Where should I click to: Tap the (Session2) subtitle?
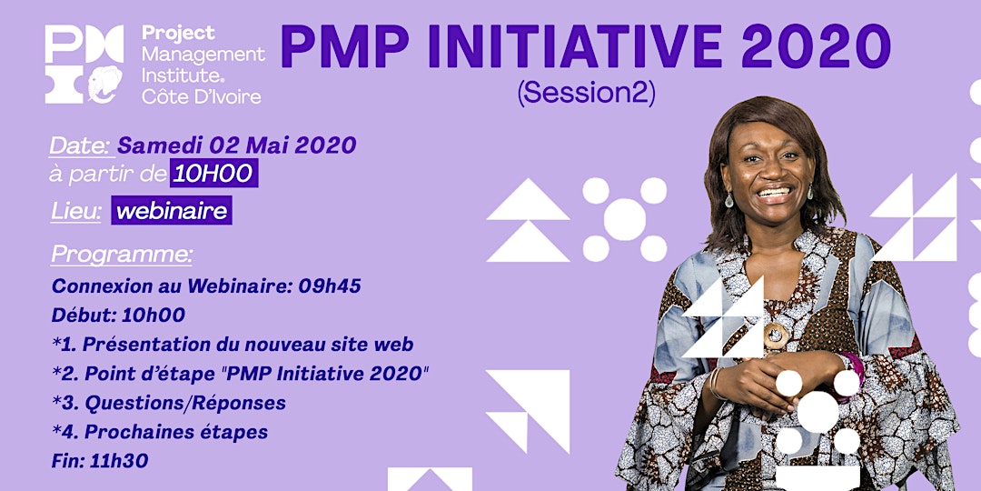pyautogui.click(x=586, y=94)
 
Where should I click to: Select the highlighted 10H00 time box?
pyautogui.click(x=214, y=173)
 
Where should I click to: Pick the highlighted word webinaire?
pyautogui.click(x=172, y=210)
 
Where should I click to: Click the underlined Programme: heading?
pyautogui.click(x=122, y=255)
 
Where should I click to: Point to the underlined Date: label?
pyautogui.click(x=81, y=145)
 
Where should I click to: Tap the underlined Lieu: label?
pyautogui.click(x=75, y=212)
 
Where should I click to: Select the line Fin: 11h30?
pyautogui.click(x=100, y=461)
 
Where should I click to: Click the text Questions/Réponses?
pyautogui.click(x=185, y=403)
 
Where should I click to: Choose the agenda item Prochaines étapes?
pyautogui.click(x=176, y=432)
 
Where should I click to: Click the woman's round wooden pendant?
pyautogui.click(x=776, y=336)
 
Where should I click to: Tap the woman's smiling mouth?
pyautogui.click(x=774, y=192)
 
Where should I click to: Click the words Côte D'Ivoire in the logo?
pyautogui.click(x=201, y=95)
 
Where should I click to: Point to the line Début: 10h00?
pyautogui.click(x=118, y=315)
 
